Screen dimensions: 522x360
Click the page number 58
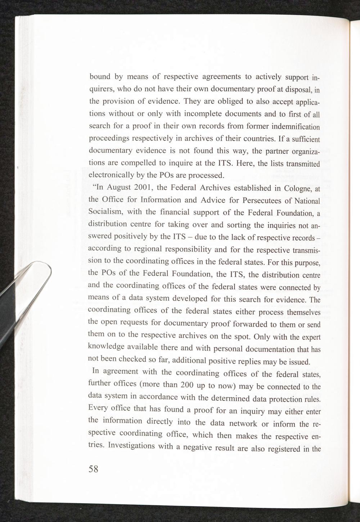click(x=93, y=469)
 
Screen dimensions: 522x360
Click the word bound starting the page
click(x=100, y=76)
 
